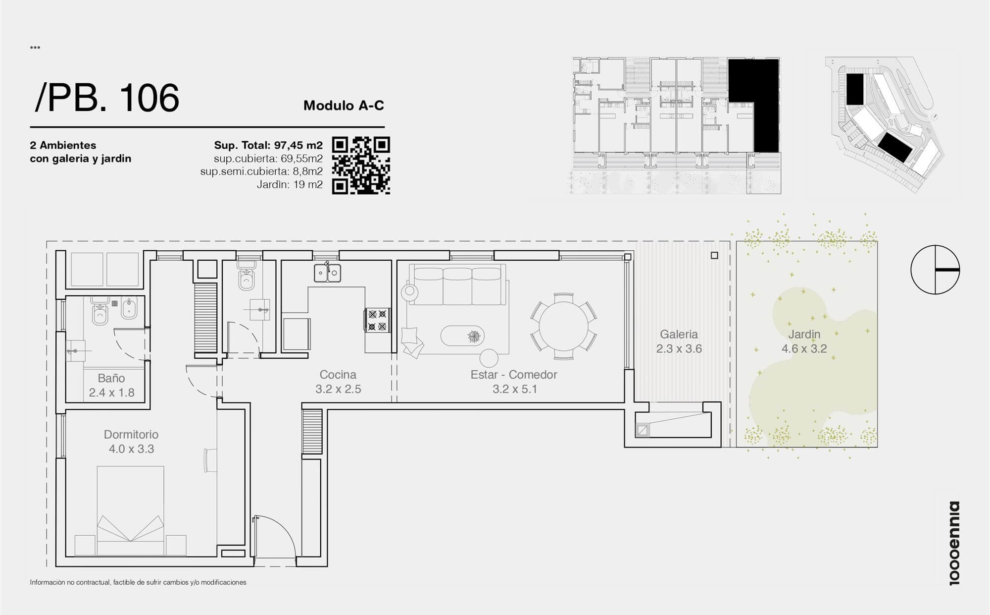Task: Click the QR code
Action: [361, 166]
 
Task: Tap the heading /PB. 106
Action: [106, 98]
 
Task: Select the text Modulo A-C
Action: [344, 106]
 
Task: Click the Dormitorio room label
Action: [131, 435]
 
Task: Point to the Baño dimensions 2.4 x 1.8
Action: [112, 392]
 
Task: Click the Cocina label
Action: [338, 375]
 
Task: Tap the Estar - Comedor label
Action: [514, 375]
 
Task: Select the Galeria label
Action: [679, 335]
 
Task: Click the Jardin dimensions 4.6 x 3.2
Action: [804, 348]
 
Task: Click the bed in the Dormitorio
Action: [131, 510]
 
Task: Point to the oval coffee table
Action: [463, 336]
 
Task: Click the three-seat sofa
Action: [457, 285]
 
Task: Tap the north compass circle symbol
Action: [935, 270]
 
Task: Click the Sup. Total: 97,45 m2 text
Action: [268, 145]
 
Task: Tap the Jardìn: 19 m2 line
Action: [290, 185]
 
